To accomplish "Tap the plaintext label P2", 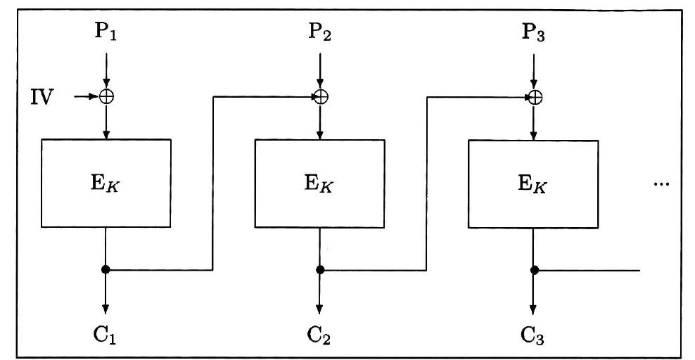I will point(320,32).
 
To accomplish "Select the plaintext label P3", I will point(535,32).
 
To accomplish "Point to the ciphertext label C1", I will point(106,332).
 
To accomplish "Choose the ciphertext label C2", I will point(320,332).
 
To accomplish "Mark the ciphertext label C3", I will point(535,332).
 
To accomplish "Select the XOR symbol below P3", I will point(535,97).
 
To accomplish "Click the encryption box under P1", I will point(106,183).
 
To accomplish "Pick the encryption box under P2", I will point(319,183).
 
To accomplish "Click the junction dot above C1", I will point(106,269).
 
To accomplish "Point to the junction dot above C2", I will point(320,269).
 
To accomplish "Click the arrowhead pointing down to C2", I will point(320,309).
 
